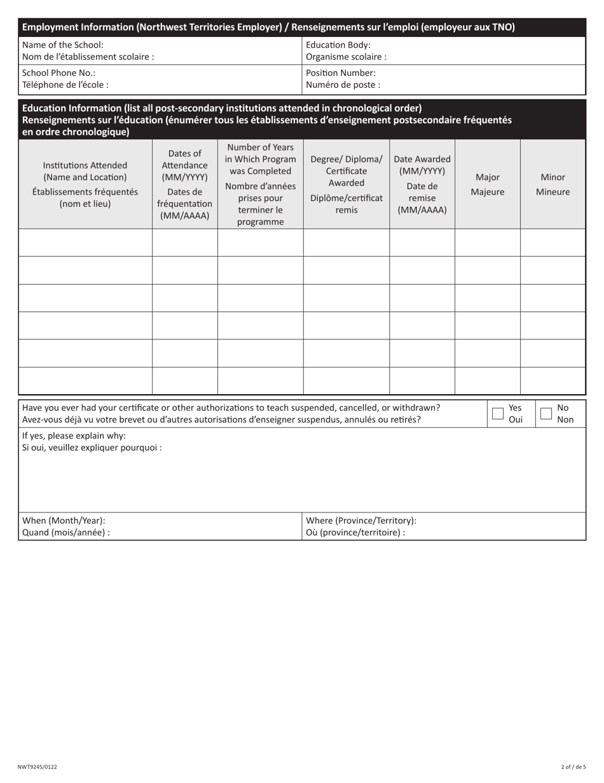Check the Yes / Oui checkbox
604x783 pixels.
tap(498, 414)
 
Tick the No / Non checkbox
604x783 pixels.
tap(546, 414)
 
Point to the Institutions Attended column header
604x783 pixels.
tap(85, 185)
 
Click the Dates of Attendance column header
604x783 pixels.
tap(184, 185)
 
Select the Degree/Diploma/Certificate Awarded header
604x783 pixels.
tap(346, 185)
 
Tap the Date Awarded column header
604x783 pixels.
tap(422, 185)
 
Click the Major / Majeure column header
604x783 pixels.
tap(487, 185)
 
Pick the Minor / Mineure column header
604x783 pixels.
tap(553, 185)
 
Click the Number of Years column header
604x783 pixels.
tap(260, 185)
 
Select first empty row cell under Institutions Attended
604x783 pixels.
tap(85, 243)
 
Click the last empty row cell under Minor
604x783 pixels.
tap(553, 381)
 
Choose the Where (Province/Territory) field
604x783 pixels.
tap(496, 526)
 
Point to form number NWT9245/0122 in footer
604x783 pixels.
tap(38, 767)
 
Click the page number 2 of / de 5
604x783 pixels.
tap(573, 767)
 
